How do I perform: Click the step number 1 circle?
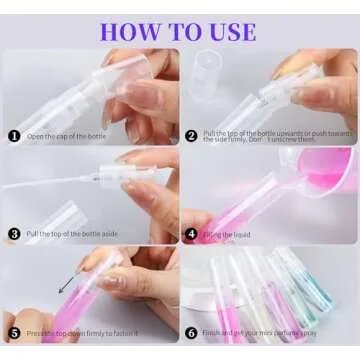(x=14, y=136)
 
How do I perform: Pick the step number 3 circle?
(x=14, y=236)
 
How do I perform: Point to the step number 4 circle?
(x=191, y=236)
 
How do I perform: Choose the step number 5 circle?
(x=14, y=333)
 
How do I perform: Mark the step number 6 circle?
(x=191, y=333)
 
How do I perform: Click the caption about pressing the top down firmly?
(x=85, y=333)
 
